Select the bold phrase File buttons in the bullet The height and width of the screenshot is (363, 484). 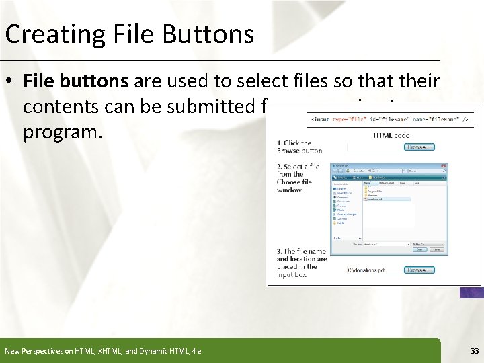tap(77, 82)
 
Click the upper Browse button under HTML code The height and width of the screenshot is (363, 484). tap(419, 147)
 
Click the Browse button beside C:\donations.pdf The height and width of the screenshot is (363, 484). tap(419, 270)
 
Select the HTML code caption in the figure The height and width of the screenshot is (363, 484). tap(392, 135)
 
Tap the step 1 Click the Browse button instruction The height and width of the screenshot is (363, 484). tap(299, 147)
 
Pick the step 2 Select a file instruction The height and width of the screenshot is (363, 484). tap(298, 178)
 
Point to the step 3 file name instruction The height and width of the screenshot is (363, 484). tap(302, 263)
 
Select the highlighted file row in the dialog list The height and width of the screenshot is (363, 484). tap(386, 199)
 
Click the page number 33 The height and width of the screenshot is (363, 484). tap(475, 350)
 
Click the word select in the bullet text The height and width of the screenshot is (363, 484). tap(303, 82)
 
